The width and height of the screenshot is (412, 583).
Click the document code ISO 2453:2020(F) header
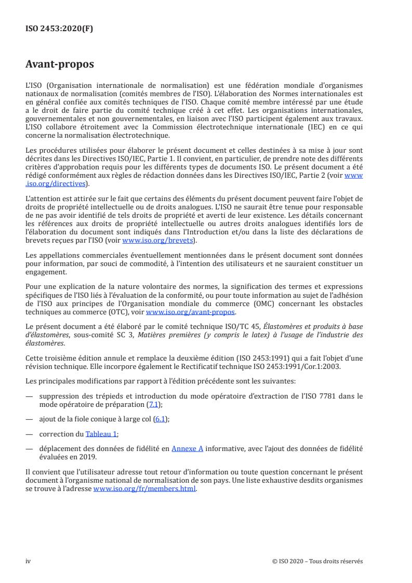[59, 29]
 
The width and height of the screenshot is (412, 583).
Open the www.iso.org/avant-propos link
[191, 312]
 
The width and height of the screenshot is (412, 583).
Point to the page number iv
[29, 561]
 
